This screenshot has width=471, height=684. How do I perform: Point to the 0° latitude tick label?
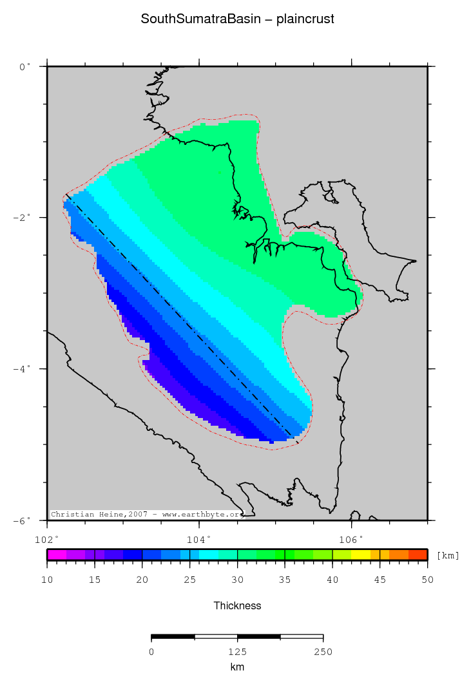(25, 66)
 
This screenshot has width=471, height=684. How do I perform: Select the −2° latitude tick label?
(23, 218)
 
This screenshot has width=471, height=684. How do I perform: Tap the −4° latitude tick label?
(23, 369)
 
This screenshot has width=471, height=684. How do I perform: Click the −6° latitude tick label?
(23, 520)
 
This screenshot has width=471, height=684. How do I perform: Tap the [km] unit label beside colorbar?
(448, 555)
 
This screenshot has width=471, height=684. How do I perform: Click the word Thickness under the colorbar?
(237, 605)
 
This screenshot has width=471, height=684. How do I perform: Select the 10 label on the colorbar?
(47, 580)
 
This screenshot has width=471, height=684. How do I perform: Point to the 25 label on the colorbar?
(189, 580)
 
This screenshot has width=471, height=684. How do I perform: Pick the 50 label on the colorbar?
(427, 580)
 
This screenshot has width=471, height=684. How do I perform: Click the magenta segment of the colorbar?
(56, 555)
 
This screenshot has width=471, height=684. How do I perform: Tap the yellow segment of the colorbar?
(360, 555)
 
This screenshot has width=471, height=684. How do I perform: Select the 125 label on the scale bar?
(237, 652)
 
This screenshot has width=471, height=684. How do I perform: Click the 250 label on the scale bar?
(323, 652)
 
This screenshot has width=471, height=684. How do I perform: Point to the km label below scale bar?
(237, 667)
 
